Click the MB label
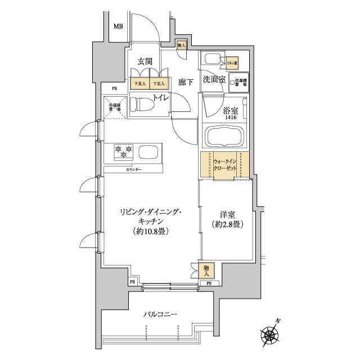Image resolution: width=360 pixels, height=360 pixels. (x=118, y=26)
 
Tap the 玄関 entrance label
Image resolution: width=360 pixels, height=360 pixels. (x=145, y=61)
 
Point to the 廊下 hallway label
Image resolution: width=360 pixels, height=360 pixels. (x=186, y=82)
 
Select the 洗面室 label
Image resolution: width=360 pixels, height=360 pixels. (x=214, y=80)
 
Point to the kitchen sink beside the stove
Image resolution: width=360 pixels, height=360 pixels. (x=149, y=152)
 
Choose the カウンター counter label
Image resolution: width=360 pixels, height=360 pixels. (x=133, y=169)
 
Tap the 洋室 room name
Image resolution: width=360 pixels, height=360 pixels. (x=227, y=214)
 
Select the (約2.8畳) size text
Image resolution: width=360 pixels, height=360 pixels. (x=227, y=224)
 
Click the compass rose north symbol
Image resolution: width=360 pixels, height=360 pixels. (x=271, y=336)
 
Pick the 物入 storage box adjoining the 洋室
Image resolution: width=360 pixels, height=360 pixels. (x=206, y=270)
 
